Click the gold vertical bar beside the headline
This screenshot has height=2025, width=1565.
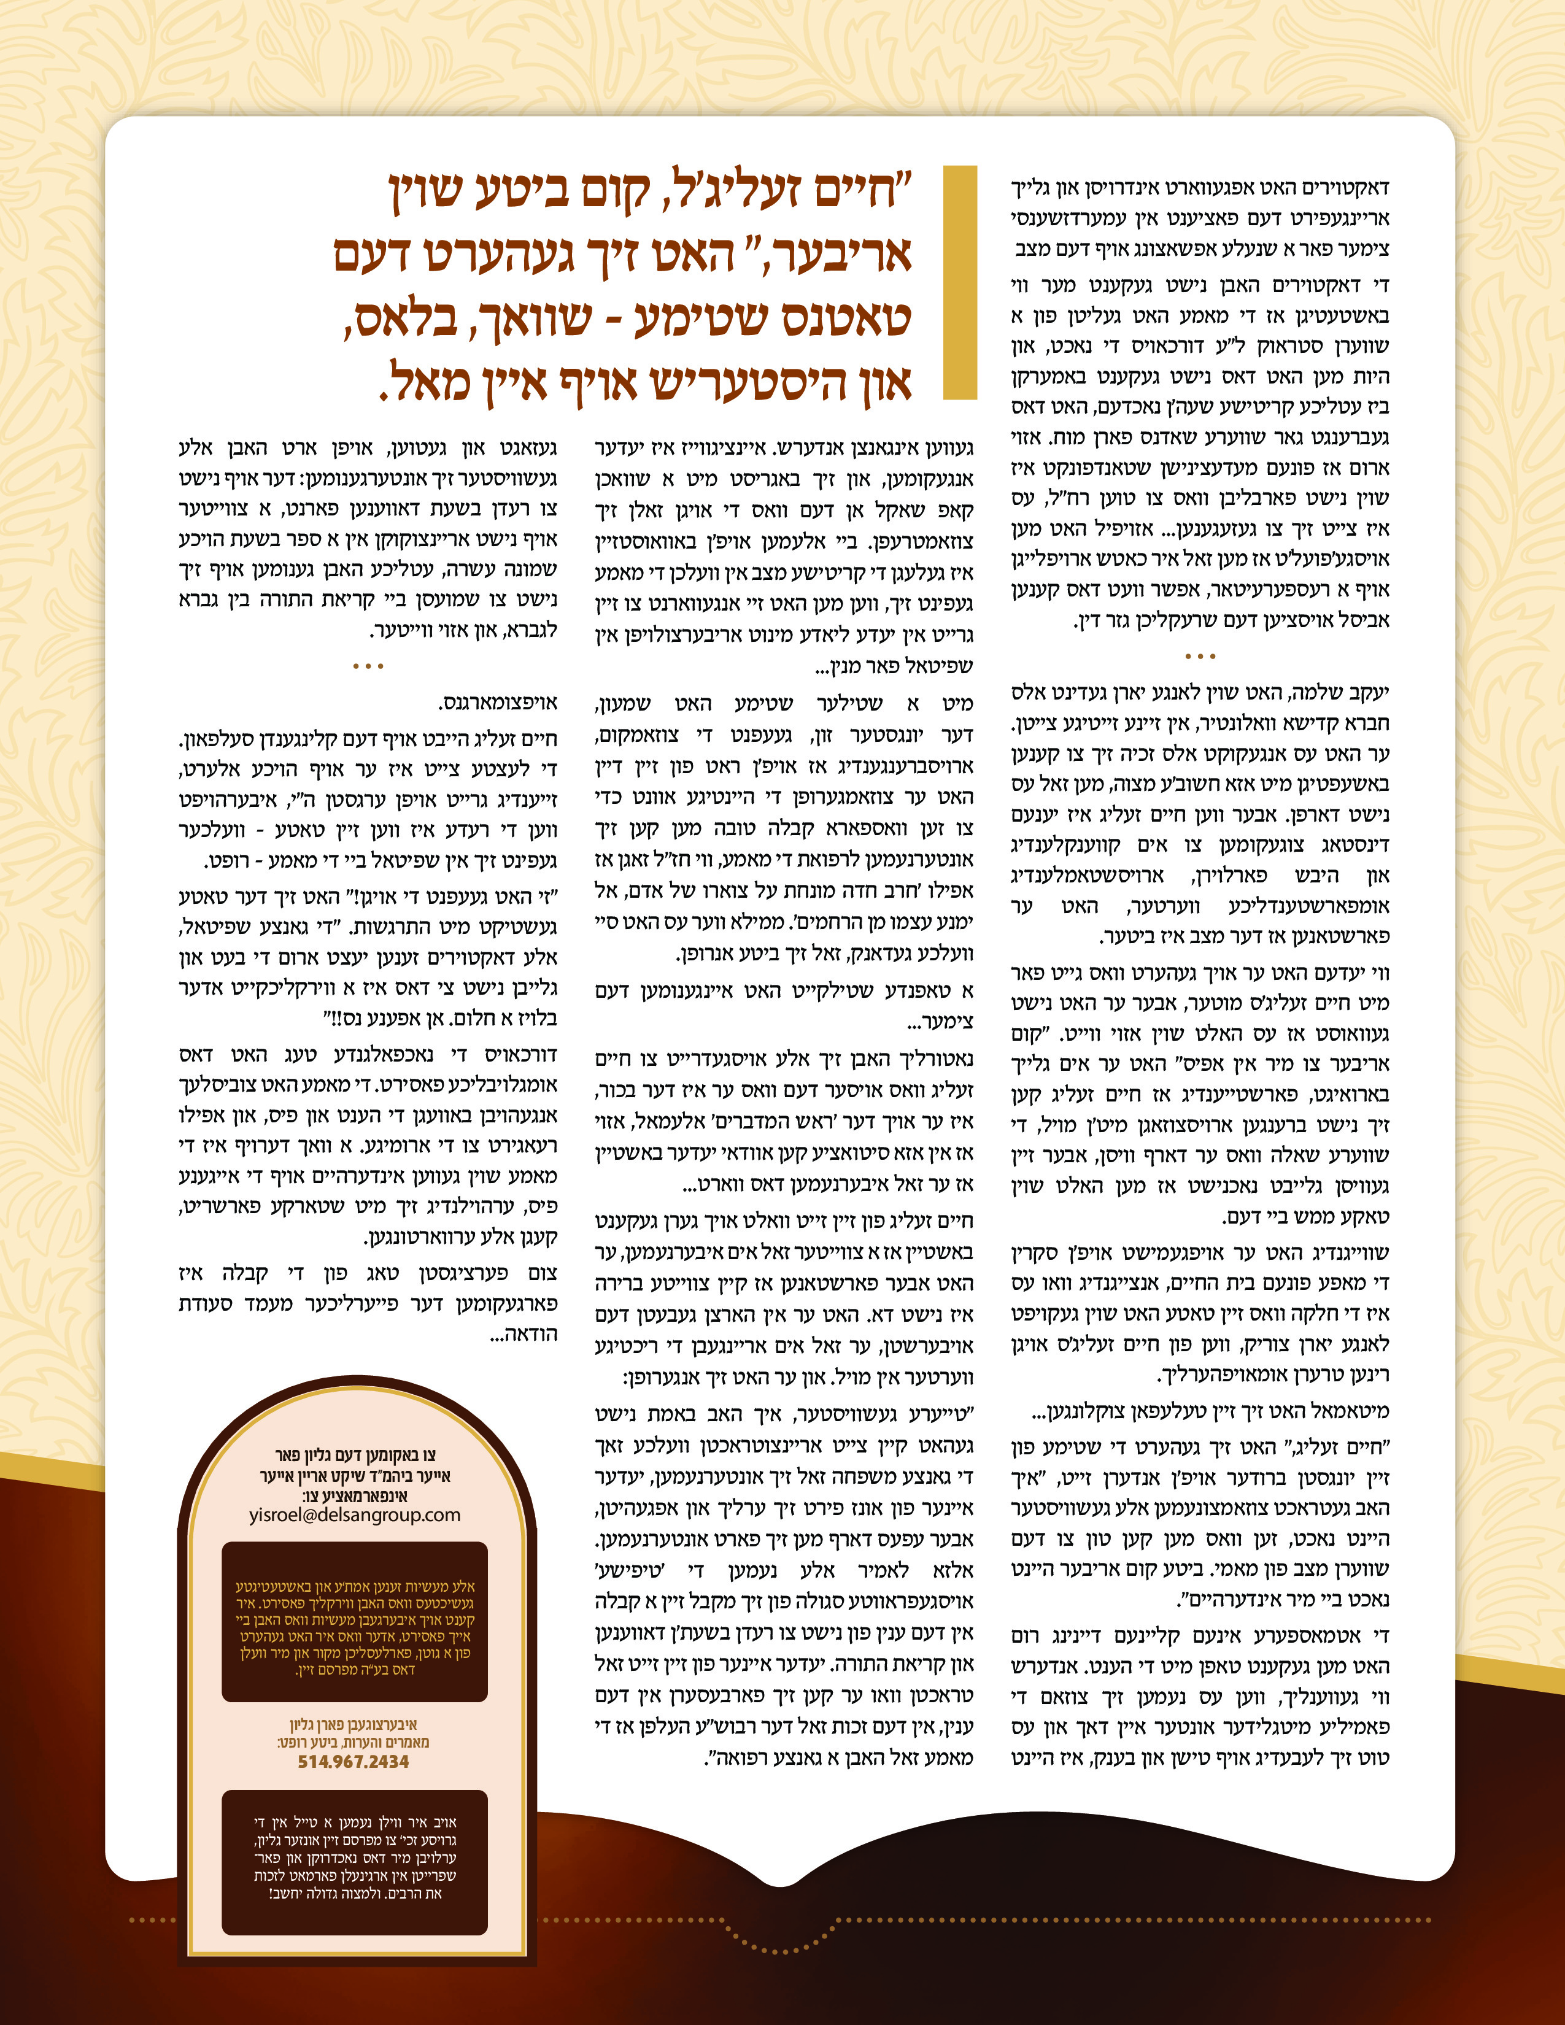pyautogui.click(x=960, y=283)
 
